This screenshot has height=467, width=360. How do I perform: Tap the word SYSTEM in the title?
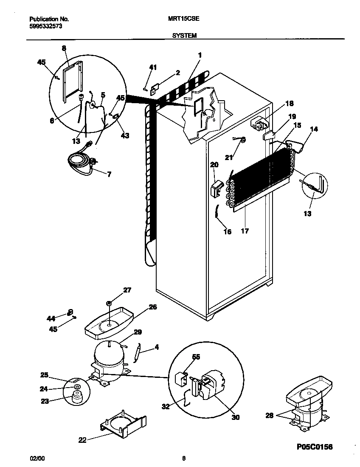point(184,36)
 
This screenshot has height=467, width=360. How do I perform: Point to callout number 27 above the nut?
point(127,290)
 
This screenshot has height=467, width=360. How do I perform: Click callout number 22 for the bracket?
point(82,440)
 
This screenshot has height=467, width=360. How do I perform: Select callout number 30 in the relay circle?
point(235,417)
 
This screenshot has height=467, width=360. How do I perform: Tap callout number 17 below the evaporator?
point(245,231)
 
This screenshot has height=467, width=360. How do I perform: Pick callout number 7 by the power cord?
point(109,174)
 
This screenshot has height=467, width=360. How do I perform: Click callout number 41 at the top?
point(153,67)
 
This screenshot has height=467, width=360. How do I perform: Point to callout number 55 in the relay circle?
point(196,357)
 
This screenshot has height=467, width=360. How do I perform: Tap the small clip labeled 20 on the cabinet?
point(217,188)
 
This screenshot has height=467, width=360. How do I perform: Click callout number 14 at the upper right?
point(314,129)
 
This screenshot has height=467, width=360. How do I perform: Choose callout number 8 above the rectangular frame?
point(64,48)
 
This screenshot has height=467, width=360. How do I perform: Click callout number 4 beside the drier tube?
point(156,347)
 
